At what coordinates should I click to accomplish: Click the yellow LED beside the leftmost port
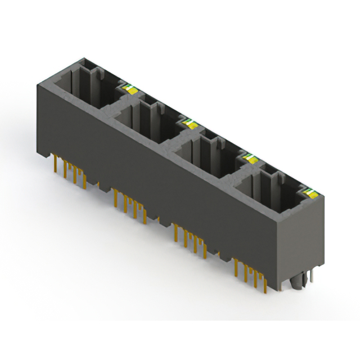pyautogui.click(x=129, y=87)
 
